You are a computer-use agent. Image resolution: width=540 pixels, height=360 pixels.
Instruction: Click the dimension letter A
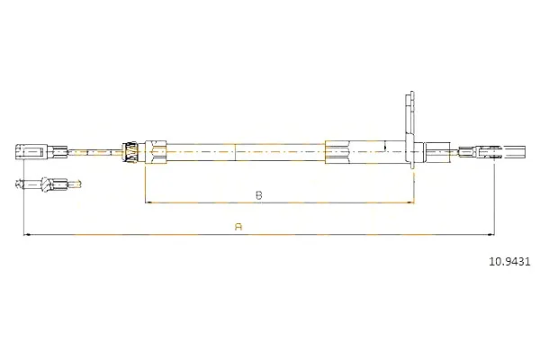[238, 227]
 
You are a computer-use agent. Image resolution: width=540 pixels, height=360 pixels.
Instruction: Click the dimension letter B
[259, 195]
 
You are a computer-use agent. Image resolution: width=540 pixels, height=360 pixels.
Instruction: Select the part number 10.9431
[509, 262]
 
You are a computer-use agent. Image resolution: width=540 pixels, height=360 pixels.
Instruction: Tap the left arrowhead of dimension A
[26, 235]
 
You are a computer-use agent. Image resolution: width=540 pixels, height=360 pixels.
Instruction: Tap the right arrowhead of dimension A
[491, 235]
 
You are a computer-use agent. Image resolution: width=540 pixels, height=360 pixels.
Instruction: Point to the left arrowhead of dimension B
[148, 202]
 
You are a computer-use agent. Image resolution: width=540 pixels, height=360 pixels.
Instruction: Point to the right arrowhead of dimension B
[410, 202]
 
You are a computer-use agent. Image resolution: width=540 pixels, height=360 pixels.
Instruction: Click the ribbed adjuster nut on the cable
[131, 151]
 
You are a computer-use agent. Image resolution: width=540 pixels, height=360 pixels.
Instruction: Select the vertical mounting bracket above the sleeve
[409, 130]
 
